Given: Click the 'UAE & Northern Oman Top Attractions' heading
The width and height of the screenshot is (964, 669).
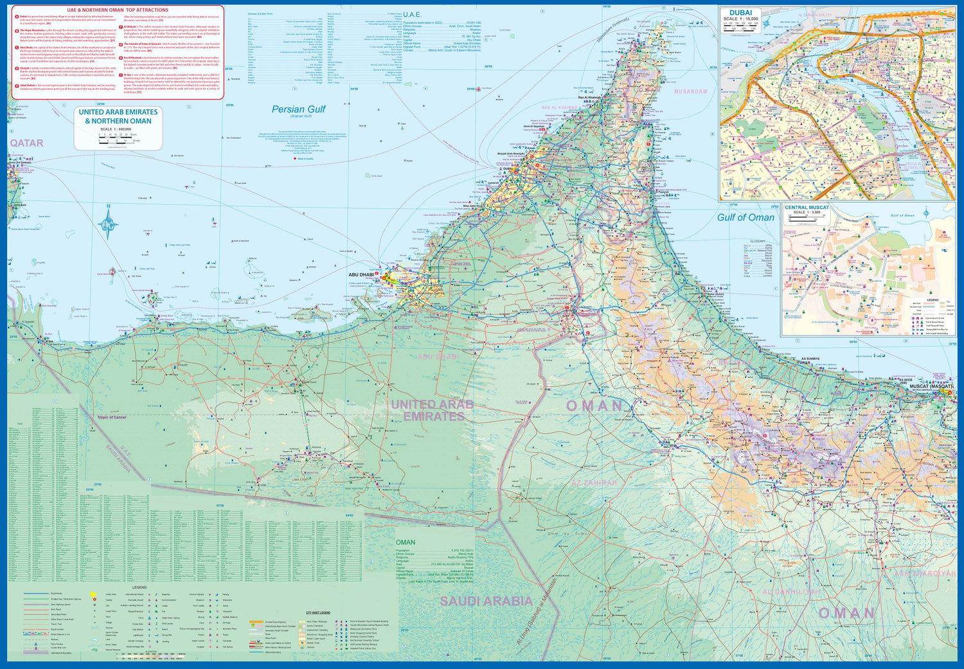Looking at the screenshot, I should point(118,10).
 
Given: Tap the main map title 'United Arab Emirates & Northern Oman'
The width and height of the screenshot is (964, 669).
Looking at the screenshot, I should point(118,116).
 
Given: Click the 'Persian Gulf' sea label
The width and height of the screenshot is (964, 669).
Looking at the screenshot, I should point(298,109).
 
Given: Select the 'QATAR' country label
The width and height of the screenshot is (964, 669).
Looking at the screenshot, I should point(26,143).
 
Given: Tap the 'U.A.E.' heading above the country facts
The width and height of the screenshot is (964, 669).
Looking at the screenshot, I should point(412,15).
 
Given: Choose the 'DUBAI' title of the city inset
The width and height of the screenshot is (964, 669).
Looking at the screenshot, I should point(740,13).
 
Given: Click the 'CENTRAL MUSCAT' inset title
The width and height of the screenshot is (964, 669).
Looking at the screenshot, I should point(807,208).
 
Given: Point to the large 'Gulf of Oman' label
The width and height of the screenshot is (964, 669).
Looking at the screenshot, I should point(745,217).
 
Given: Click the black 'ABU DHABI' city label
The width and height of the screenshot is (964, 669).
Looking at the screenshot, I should point(361,275).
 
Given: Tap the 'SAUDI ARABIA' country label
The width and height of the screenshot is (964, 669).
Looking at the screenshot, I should point(486,601).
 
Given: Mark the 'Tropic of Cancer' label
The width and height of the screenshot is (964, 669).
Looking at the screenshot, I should point(112,417).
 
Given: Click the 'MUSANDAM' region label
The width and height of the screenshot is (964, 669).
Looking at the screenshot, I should point(690,92).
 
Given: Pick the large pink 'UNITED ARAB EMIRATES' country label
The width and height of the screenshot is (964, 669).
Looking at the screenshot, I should point(433,410).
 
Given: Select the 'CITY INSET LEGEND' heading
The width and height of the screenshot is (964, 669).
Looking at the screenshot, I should point(317,612).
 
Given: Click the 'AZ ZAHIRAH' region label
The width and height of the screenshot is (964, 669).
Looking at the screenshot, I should point(594,483).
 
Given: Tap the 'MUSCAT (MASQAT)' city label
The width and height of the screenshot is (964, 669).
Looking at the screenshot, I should point(931,387).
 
